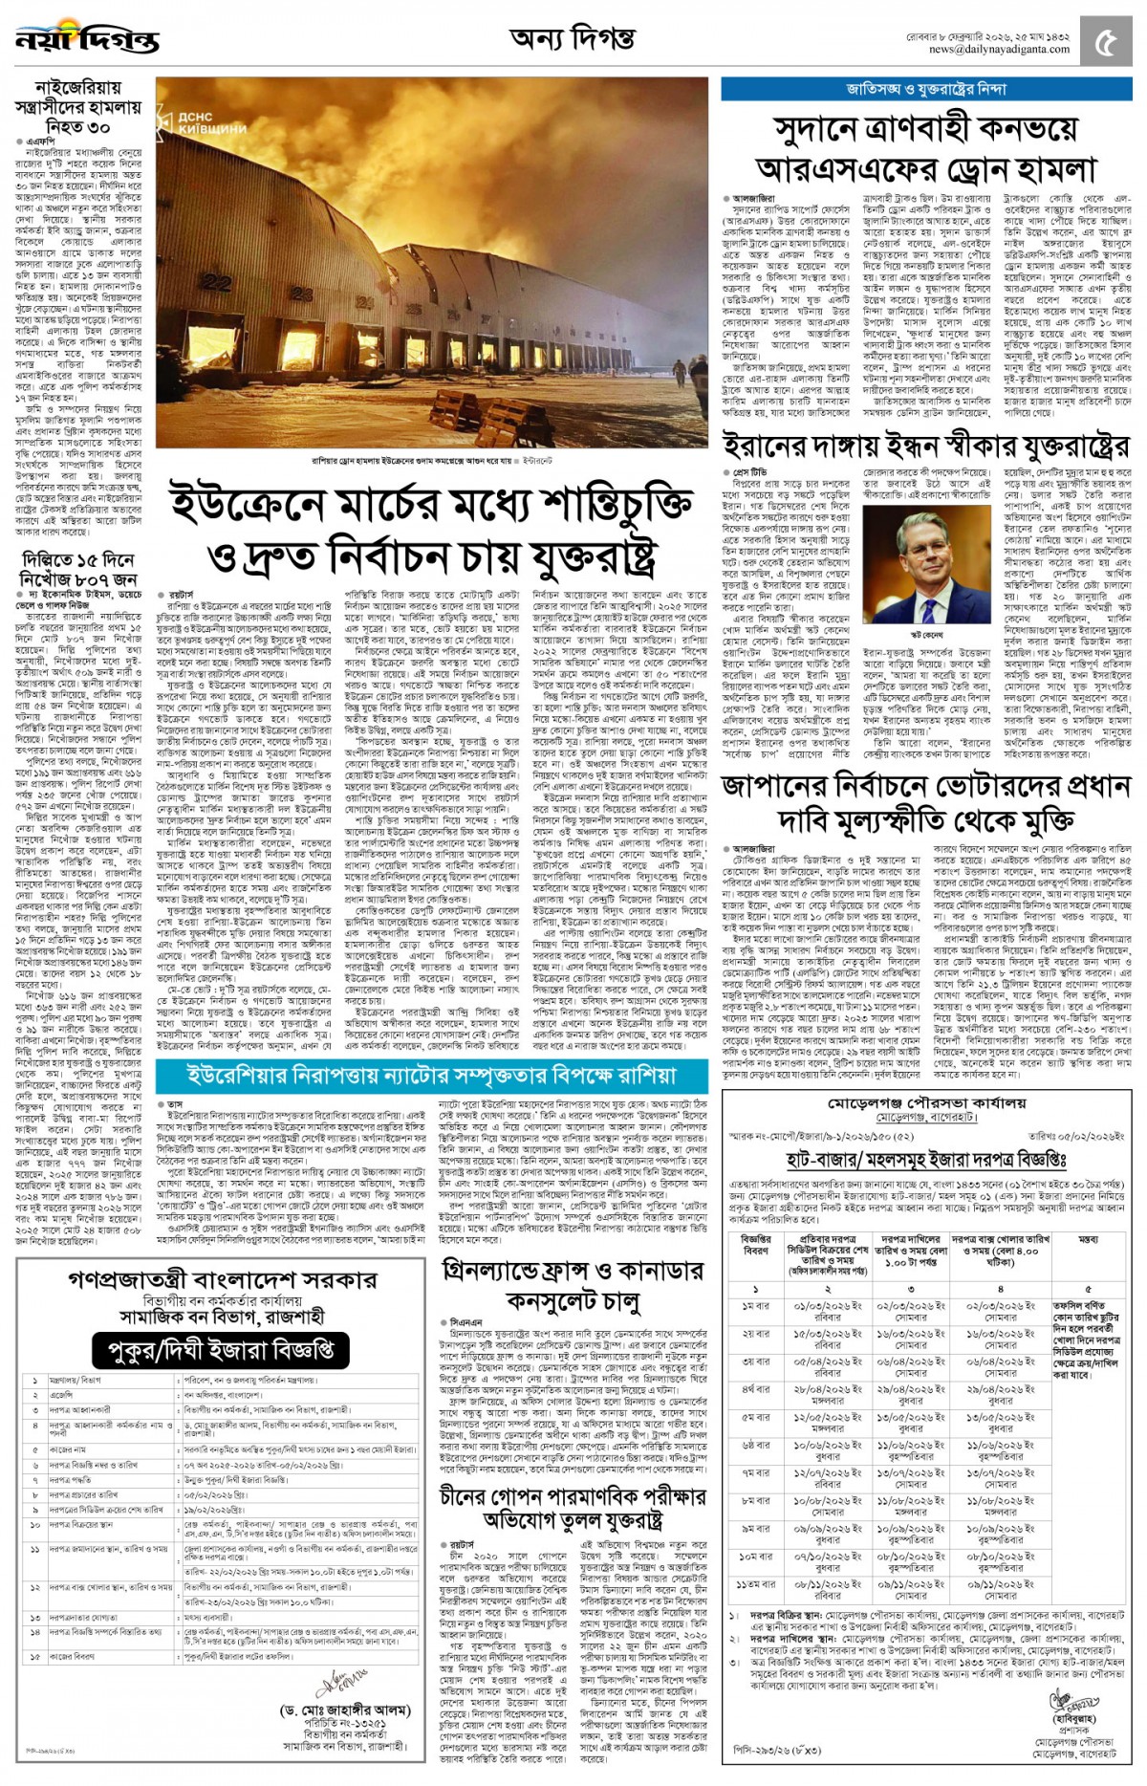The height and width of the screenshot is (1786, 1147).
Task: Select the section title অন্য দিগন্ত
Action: tap(572, 39)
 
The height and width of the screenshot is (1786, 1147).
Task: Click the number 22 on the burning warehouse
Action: tap(217, 284)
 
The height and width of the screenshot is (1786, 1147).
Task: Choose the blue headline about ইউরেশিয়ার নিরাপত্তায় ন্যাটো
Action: tap(431, 1075)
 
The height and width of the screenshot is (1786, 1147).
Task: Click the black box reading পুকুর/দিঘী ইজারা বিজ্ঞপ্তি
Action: tap(222, 1349)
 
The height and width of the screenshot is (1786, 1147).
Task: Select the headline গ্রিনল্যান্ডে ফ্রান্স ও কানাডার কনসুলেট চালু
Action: tap(573, 1285)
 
